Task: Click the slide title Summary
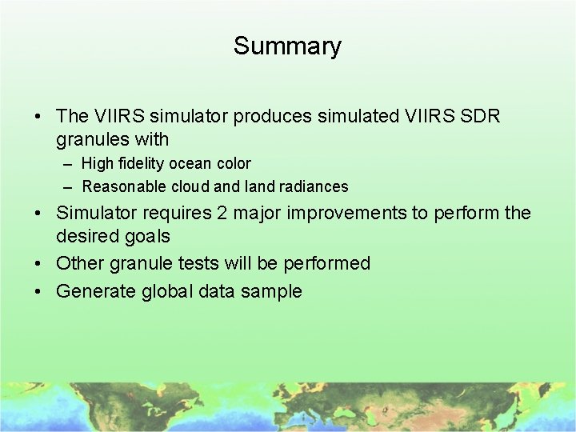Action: [287, 46]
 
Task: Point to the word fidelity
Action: [140, 164]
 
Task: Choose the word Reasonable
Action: [121, 187]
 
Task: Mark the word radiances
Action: [316, 187]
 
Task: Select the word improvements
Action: [337, 213]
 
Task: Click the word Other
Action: [79, 263]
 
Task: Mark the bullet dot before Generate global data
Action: [38, 291]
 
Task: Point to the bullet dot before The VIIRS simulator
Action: [38, 116]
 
